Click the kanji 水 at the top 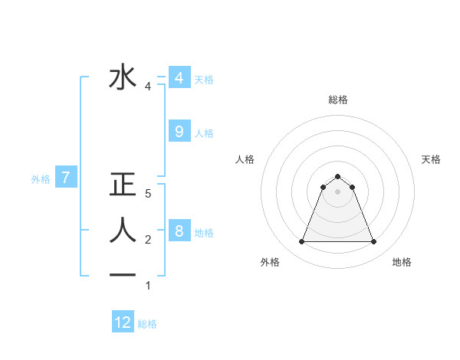coord(123,77)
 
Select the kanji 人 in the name coord(123,230)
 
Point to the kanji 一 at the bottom coord(123,274)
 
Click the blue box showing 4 coord(179,78)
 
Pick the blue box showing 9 coord(179,132)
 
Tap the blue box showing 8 coord(179,231)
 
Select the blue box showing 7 coord(67,178)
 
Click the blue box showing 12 coord(123,322)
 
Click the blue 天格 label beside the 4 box coord(204,79)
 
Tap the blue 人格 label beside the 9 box coord(204,133)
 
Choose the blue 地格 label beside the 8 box coord(204,232)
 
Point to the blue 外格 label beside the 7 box coord(41,179)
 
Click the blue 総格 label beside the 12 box coord(147,324)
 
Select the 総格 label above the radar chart coord(337,100)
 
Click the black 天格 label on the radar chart coord(432,159)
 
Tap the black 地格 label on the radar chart coord(402,262)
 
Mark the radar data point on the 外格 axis coord(301,242)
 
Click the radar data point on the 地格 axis coord(374,242)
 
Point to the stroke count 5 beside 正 coord(148,195)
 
